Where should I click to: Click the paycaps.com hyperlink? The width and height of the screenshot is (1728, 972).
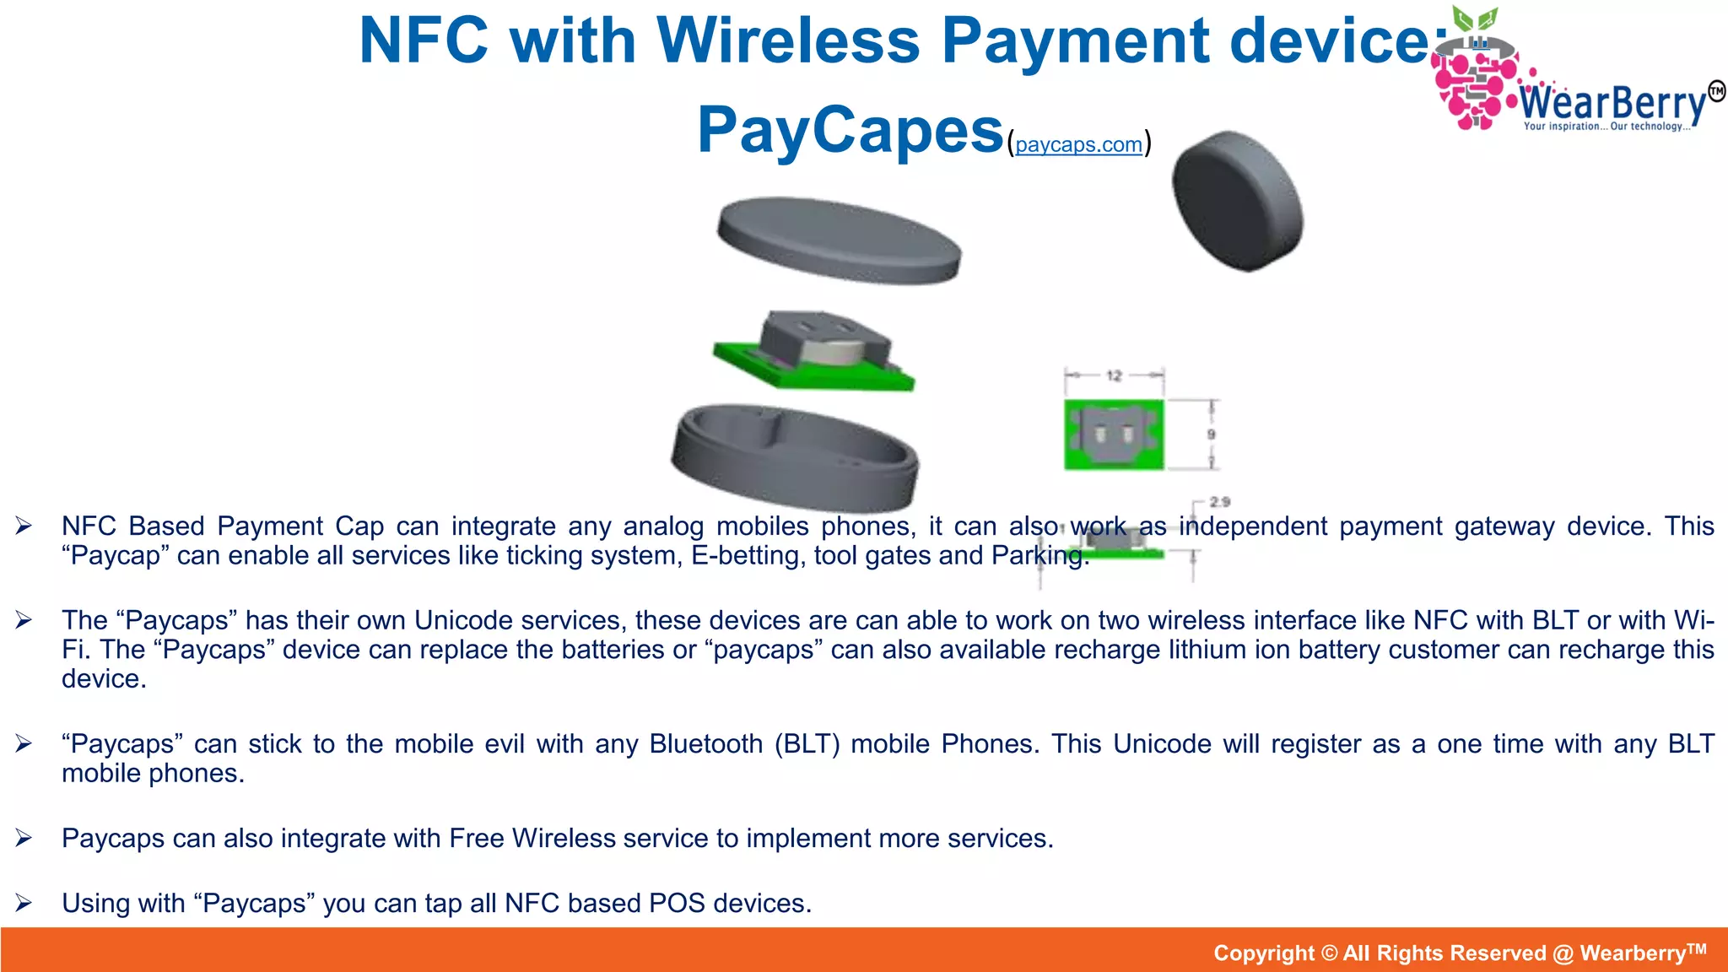tap(1078, 144)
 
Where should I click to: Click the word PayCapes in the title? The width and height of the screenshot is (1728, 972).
tap(850, 131)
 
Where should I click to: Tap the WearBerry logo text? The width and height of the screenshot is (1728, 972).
tap(1613, 104)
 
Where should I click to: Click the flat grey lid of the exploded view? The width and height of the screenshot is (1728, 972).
tap(839, 240)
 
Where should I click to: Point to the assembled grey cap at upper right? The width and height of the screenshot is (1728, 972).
tap(1237, 201)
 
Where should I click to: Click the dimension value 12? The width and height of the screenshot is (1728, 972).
tap(1114, 375)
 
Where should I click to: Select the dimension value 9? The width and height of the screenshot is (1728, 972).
tap(1211, 434)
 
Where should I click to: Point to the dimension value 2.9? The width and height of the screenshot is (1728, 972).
tap(1219, 501)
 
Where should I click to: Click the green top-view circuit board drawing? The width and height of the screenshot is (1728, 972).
tap(1114, 435)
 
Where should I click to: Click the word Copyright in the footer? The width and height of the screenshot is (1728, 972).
tap(1263, 953)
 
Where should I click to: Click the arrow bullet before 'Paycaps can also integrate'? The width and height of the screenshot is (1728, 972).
tap(24, 838)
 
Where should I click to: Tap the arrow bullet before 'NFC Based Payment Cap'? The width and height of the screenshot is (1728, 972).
tap(24, 526)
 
